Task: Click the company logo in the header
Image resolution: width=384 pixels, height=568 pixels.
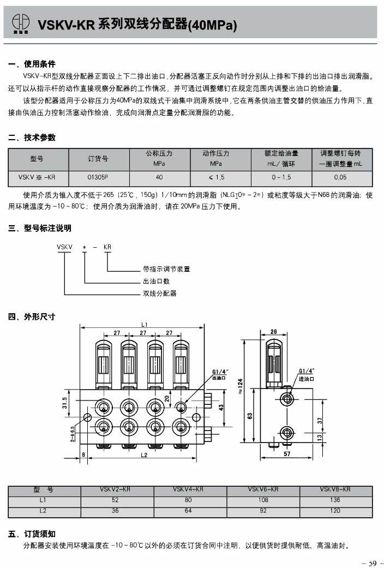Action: point(21,25)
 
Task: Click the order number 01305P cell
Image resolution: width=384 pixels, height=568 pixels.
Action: point(98,177)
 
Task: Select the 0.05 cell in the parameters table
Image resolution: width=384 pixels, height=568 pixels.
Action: point(340,177)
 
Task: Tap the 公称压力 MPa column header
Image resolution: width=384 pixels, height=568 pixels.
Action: point(159,158)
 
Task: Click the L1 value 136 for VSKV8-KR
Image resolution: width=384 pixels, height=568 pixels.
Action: point(335,500)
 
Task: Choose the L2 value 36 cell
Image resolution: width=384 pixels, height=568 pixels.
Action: point(115,511)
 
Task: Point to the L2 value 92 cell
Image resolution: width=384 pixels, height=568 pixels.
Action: point(261,511)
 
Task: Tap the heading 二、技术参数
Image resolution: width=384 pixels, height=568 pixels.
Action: point(32,137)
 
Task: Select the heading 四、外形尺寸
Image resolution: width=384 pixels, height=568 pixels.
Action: point(32,316)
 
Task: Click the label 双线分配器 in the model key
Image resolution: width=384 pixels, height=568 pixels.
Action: point(160,294)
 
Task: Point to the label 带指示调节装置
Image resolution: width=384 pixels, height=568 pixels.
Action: point(166,269)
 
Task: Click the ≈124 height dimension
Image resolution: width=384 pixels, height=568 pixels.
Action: point(240,389)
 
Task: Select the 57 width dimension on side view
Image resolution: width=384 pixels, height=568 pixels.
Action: point(287,453)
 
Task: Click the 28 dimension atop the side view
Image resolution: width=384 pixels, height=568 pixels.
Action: point(273,331)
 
